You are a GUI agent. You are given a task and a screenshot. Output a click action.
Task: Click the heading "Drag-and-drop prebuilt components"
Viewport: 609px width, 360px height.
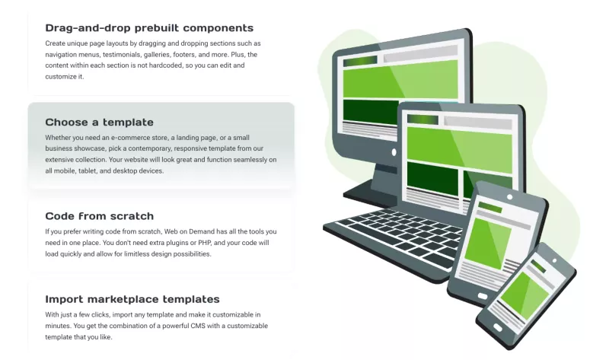click(x=149, y=28)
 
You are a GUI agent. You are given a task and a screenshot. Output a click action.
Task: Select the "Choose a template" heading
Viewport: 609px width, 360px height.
click(x=99, y=122)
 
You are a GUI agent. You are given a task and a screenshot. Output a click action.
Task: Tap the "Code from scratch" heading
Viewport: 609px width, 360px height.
click(x=99, y=216)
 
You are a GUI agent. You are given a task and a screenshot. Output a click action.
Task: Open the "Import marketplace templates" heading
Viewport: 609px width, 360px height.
click(x=132, y=299)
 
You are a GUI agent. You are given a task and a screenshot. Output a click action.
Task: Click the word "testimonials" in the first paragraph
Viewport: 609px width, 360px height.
click(x=153, y=54)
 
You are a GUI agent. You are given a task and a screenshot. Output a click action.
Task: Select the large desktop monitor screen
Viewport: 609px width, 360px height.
click(x=400, y=84)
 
